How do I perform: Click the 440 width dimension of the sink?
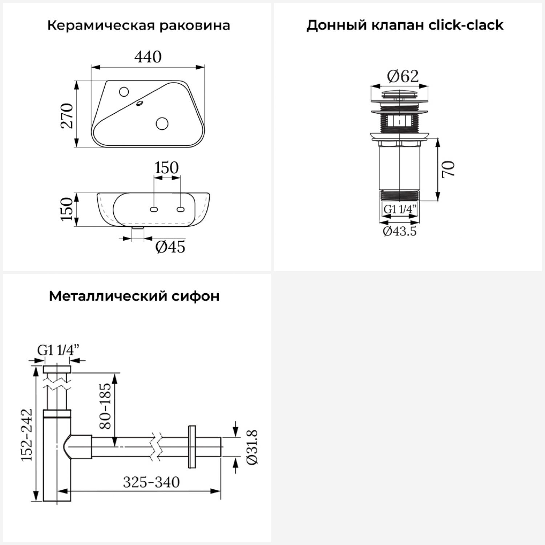(x=148, y=57)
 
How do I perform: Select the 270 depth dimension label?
(x=67, y=116)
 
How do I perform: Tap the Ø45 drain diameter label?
(x=170, y=247)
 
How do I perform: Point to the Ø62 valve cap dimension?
(x=403, y=76)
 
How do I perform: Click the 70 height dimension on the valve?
(x=448, y=169)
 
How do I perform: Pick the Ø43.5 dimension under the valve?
(x=400, y=231)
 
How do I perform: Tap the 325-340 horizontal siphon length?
(x=151, y=483)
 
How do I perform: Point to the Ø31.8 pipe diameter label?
(x=252, y=447)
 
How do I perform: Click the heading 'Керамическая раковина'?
(x=138, y=26)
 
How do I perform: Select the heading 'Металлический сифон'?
(x=134, y=296)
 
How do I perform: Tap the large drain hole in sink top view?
(x=162, y=124)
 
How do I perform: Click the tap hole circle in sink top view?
(x=124, y=92)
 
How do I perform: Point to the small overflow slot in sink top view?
(x=140, y=104)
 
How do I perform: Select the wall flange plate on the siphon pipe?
(x=192, y=446)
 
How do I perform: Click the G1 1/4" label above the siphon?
(x=58, y=350)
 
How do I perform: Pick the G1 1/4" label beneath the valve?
(x=400, y=209)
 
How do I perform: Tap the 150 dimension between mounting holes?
(x=166, y=168)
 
